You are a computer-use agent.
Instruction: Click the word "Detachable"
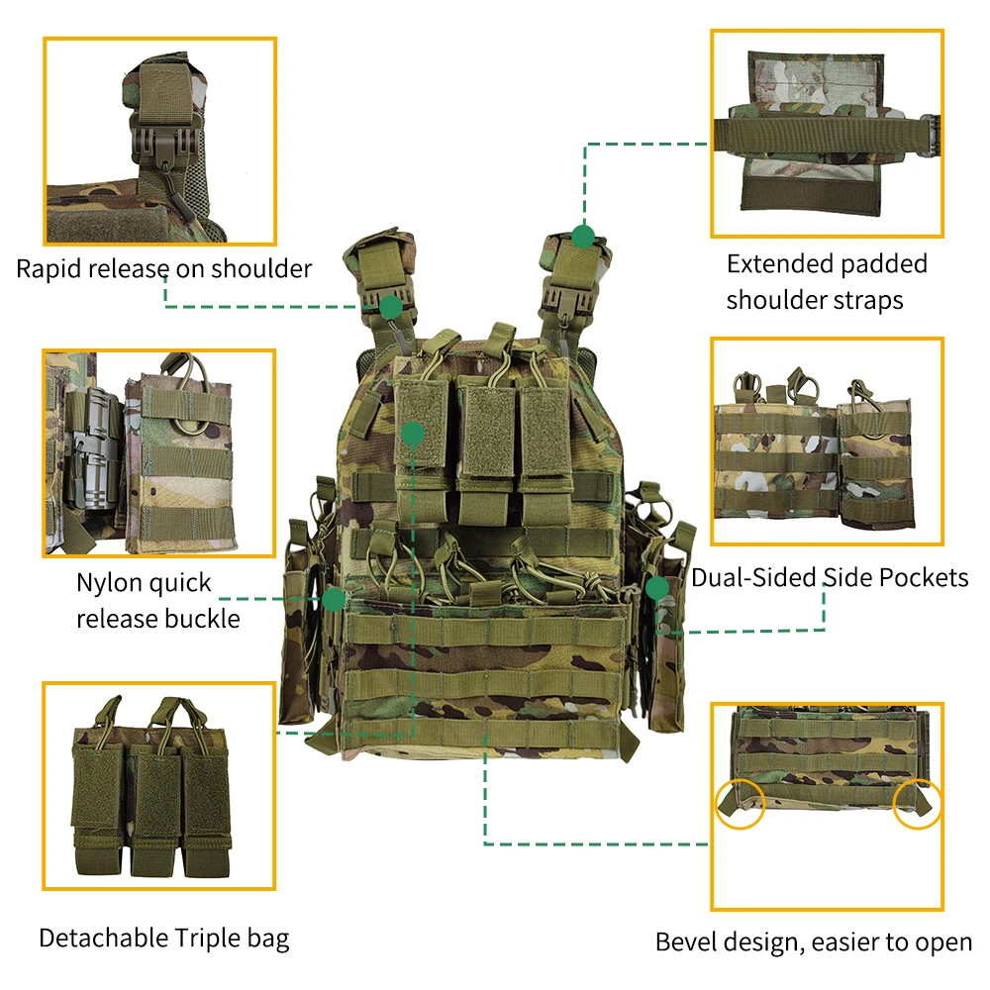point(103,938)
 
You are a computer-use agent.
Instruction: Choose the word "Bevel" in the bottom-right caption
point(688,942)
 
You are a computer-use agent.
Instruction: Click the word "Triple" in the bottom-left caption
point(205,938)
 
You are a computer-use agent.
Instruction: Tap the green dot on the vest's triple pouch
point(413,433)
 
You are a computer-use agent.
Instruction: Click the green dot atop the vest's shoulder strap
point(583,236)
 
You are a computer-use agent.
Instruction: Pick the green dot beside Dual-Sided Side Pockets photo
point(656,588)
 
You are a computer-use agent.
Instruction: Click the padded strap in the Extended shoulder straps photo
point(822,138)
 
